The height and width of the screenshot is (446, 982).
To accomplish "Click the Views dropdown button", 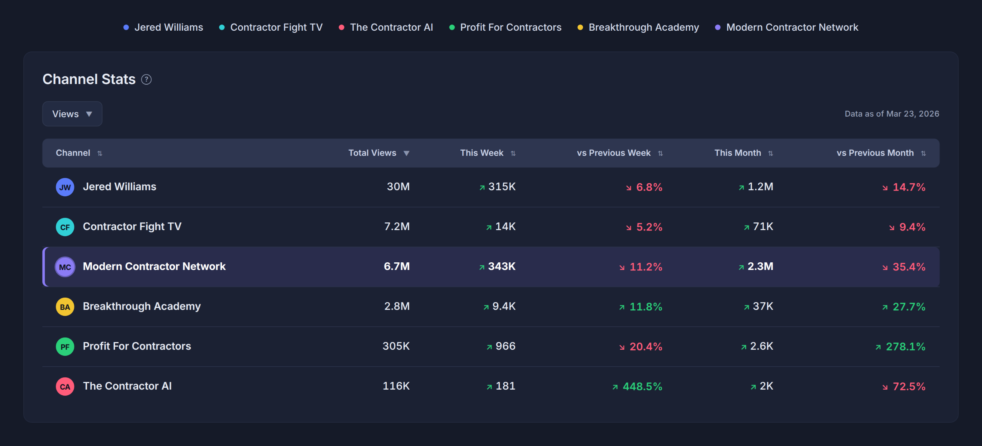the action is [72, 114].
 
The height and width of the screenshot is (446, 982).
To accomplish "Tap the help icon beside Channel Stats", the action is [146, 79].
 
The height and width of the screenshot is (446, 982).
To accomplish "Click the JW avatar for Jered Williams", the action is [65, 187].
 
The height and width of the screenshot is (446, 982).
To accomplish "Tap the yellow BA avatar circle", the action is [65, 307].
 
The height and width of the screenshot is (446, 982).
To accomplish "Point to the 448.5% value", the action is [642, 386].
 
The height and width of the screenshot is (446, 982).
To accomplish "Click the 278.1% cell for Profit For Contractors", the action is [905, 346].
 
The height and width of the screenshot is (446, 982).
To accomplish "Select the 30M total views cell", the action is [398, 187].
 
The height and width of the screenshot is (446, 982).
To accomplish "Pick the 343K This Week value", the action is [501, 267].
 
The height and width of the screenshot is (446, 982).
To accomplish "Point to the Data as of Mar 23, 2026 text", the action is [892, 114].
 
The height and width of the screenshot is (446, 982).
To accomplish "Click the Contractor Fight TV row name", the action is [132, 227].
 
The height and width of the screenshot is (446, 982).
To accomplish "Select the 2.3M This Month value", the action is [760, 267].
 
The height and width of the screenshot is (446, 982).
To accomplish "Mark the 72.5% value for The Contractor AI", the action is [909, 386].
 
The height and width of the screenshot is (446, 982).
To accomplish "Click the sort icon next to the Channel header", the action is [100, 153].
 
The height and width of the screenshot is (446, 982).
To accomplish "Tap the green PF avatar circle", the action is [65, 347].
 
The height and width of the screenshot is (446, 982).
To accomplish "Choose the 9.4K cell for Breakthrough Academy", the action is [504, 306].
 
